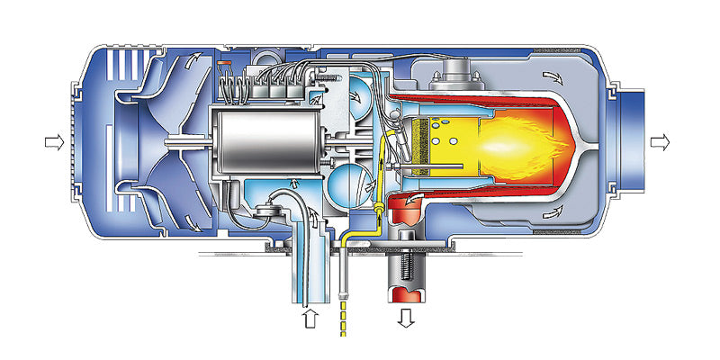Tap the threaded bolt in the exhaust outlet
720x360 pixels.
coord(405,260)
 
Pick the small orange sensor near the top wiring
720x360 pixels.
coord(226,62)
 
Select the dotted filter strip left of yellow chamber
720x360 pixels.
coord(416,142)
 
